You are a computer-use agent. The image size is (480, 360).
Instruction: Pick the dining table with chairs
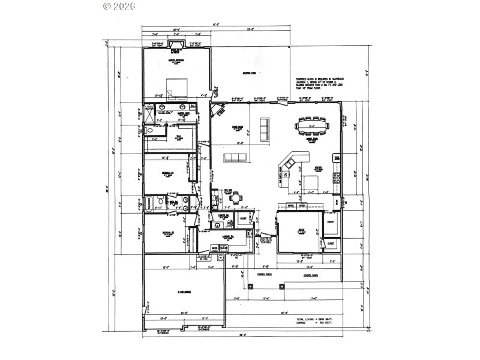click(311, 127)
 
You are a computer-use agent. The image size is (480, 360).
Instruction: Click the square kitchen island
click(310, 182)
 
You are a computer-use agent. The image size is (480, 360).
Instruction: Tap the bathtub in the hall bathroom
click(149, 203)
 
